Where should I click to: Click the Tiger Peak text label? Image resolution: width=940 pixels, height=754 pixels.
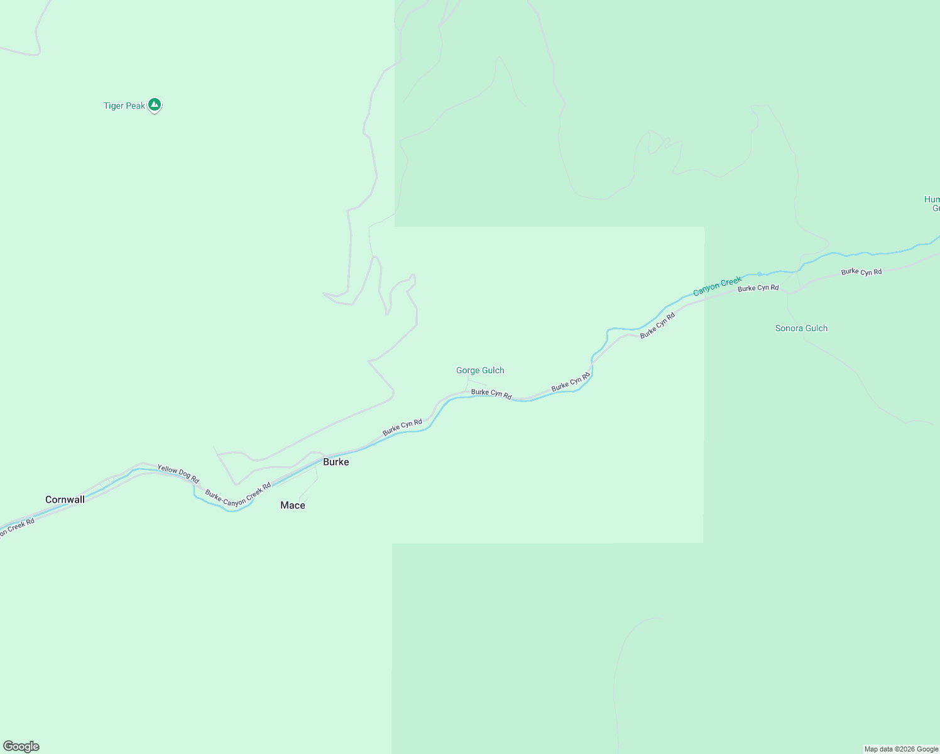[124, 106]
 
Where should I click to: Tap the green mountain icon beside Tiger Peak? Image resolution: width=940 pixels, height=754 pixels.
[155, 105]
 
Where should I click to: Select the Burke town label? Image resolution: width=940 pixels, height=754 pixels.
[336, 462]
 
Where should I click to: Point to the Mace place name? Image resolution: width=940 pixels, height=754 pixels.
[293, 505]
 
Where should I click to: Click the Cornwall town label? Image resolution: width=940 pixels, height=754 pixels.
[65, 500]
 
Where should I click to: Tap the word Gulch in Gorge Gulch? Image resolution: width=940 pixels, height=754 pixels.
[493, 370]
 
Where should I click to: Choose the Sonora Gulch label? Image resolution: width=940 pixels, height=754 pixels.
[801, 328]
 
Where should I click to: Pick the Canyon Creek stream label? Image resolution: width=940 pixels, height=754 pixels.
[718, 287]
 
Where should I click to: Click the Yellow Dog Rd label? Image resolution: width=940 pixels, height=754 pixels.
[178, 473]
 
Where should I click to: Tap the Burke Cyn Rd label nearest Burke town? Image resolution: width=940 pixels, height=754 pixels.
[402, 427]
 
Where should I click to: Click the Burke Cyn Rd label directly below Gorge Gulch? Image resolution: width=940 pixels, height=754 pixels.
[491, 394]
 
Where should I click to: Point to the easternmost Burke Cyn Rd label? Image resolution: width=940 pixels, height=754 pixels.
[861, 272]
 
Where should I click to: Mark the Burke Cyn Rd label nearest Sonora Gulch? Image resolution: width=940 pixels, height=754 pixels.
[758, 288]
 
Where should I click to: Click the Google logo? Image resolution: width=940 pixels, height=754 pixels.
[21, 746]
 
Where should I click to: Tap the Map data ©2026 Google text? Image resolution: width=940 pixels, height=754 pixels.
[901, 749]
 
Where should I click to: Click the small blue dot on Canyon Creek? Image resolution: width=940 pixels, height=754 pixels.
[760, 274]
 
